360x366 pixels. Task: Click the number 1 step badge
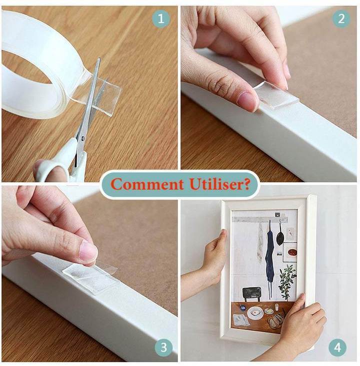161,19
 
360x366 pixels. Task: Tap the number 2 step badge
341,19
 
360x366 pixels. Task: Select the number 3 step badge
163,347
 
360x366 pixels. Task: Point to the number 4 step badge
337,347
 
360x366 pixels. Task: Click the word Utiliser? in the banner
220,184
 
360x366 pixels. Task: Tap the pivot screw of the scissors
83,139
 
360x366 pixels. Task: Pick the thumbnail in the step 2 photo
247,101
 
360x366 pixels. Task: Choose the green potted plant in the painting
287,281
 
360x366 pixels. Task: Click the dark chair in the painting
252,294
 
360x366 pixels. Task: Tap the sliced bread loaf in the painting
276,320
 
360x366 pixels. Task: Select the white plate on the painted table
255,313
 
